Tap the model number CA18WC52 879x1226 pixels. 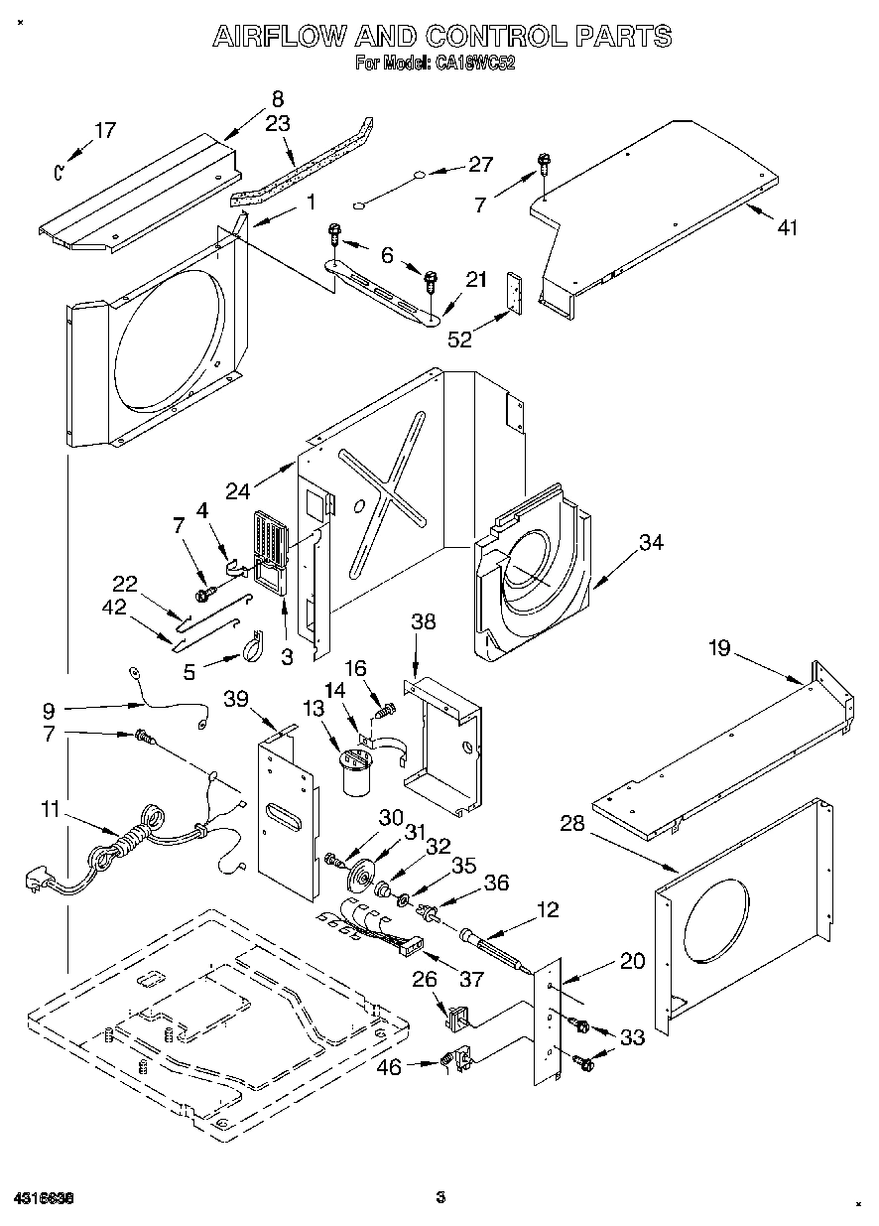(x=473, y=63)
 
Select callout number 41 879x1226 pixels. (x=787, y=227)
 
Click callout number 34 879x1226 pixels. (x=651, y=543)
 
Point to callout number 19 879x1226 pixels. (x=719, y=648)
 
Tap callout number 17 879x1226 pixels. (x=105, y=130)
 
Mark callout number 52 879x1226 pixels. (x=459, y=339)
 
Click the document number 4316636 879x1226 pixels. (x=46, y=1198)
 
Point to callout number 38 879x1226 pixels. (x=424, y=622)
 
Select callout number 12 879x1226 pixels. (x=548, y=908)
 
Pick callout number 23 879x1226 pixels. (x=278, y=124)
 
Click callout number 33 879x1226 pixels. (x=631, y=1038)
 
